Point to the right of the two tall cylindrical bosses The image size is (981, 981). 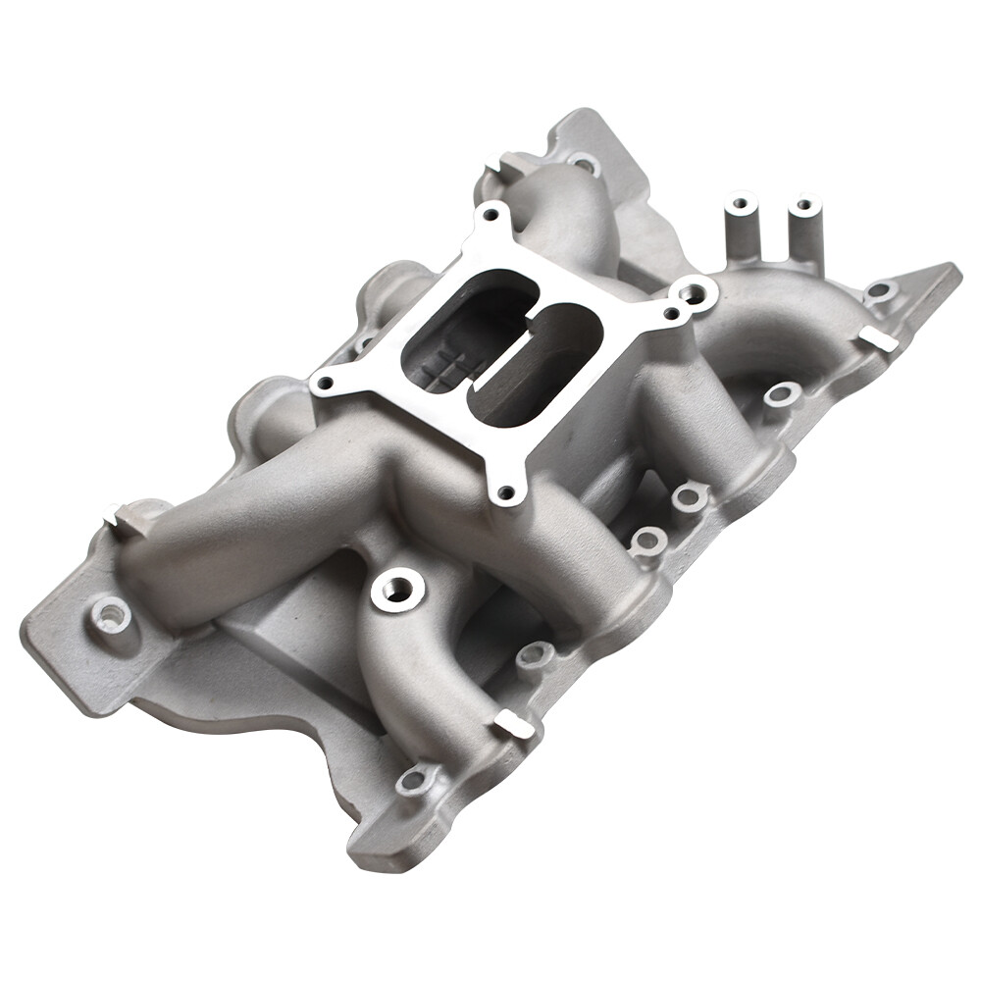[804, 206]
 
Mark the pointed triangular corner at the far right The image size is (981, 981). [950, 269]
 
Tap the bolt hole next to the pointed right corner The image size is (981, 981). [880, 290]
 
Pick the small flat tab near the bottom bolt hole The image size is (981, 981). [513, 725]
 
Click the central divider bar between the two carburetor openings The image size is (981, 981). [504, 339]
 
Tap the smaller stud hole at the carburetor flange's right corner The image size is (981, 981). [671, 313]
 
